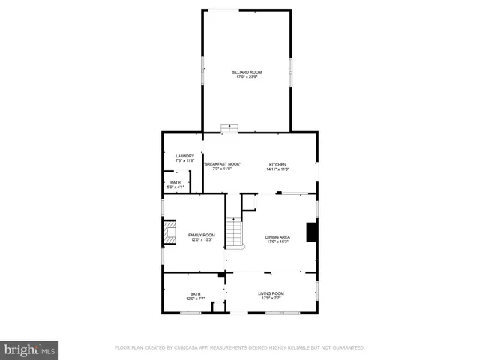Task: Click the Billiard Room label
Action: pos(247,72)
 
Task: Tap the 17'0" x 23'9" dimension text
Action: pos(247,77)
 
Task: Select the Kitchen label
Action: pos(277,164)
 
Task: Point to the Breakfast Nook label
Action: pos(222,164)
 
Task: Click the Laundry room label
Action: pos(184,156)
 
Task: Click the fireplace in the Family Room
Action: pos(170,233)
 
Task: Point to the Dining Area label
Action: pos(277,237)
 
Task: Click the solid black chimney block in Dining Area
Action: pos(310,233)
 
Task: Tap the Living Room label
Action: pos(271,293)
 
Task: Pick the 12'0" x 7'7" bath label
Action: pos(195,296)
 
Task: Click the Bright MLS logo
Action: pos(30,349)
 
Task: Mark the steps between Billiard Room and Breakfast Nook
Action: pos(229,129)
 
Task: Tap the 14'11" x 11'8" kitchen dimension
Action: pos(277,169)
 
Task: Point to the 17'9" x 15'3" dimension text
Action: pos(277,242)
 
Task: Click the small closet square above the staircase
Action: pos(249,202)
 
